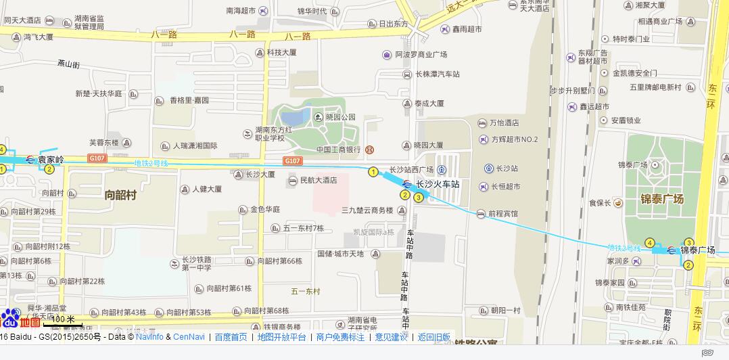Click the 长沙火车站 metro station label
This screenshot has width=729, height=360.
[437, 183]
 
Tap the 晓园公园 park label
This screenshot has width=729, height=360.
[340, 116]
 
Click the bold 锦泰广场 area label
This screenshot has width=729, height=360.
[662, 199]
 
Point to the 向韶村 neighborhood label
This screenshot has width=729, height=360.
[121, 195]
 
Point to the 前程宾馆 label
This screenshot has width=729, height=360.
[502, 214]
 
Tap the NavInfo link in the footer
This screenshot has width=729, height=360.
[149, 337]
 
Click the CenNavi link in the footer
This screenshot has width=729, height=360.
[189, 337]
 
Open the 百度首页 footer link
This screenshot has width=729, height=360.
[231, 337]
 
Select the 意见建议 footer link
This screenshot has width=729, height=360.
[391, 337]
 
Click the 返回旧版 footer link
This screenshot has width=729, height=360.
[433, 337]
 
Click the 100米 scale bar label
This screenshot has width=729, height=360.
[64, 319]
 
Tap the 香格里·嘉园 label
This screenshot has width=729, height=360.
[189, 100]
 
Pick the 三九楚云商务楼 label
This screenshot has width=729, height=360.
[367, 210]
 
